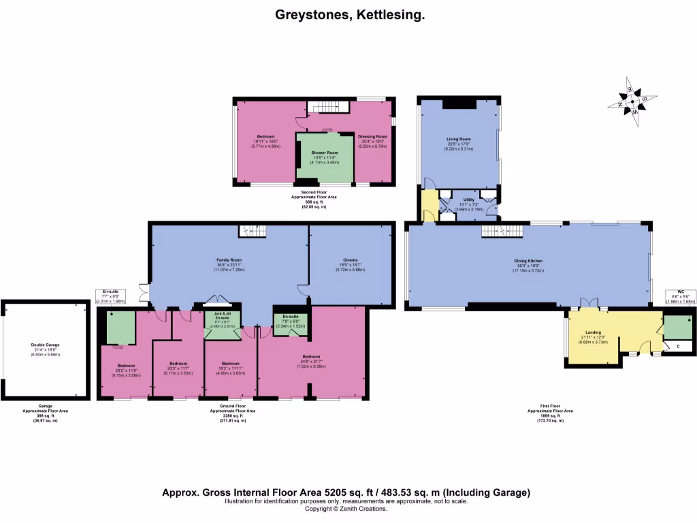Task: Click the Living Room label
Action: [x=459, y=139]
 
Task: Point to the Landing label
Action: [x=591, y=333]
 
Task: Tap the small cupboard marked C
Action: [x=678, y=347]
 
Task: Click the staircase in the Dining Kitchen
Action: [x=500, y=232]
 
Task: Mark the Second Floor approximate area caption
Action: [x=314, y=200]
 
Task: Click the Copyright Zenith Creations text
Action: [x=346, y=509]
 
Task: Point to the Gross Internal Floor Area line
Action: [x=346, y=492]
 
